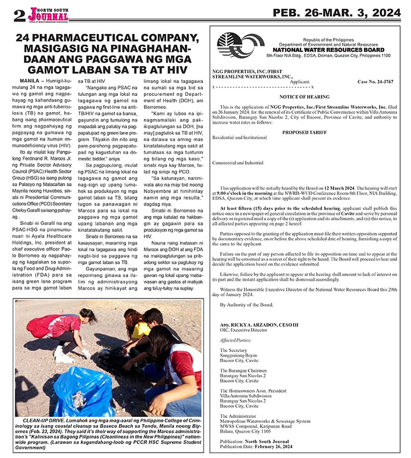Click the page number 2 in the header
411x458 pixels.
coord(19,15)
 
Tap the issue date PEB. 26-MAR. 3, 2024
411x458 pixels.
coord(337,13)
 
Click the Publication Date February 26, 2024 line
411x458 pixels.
coord(256,447)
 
